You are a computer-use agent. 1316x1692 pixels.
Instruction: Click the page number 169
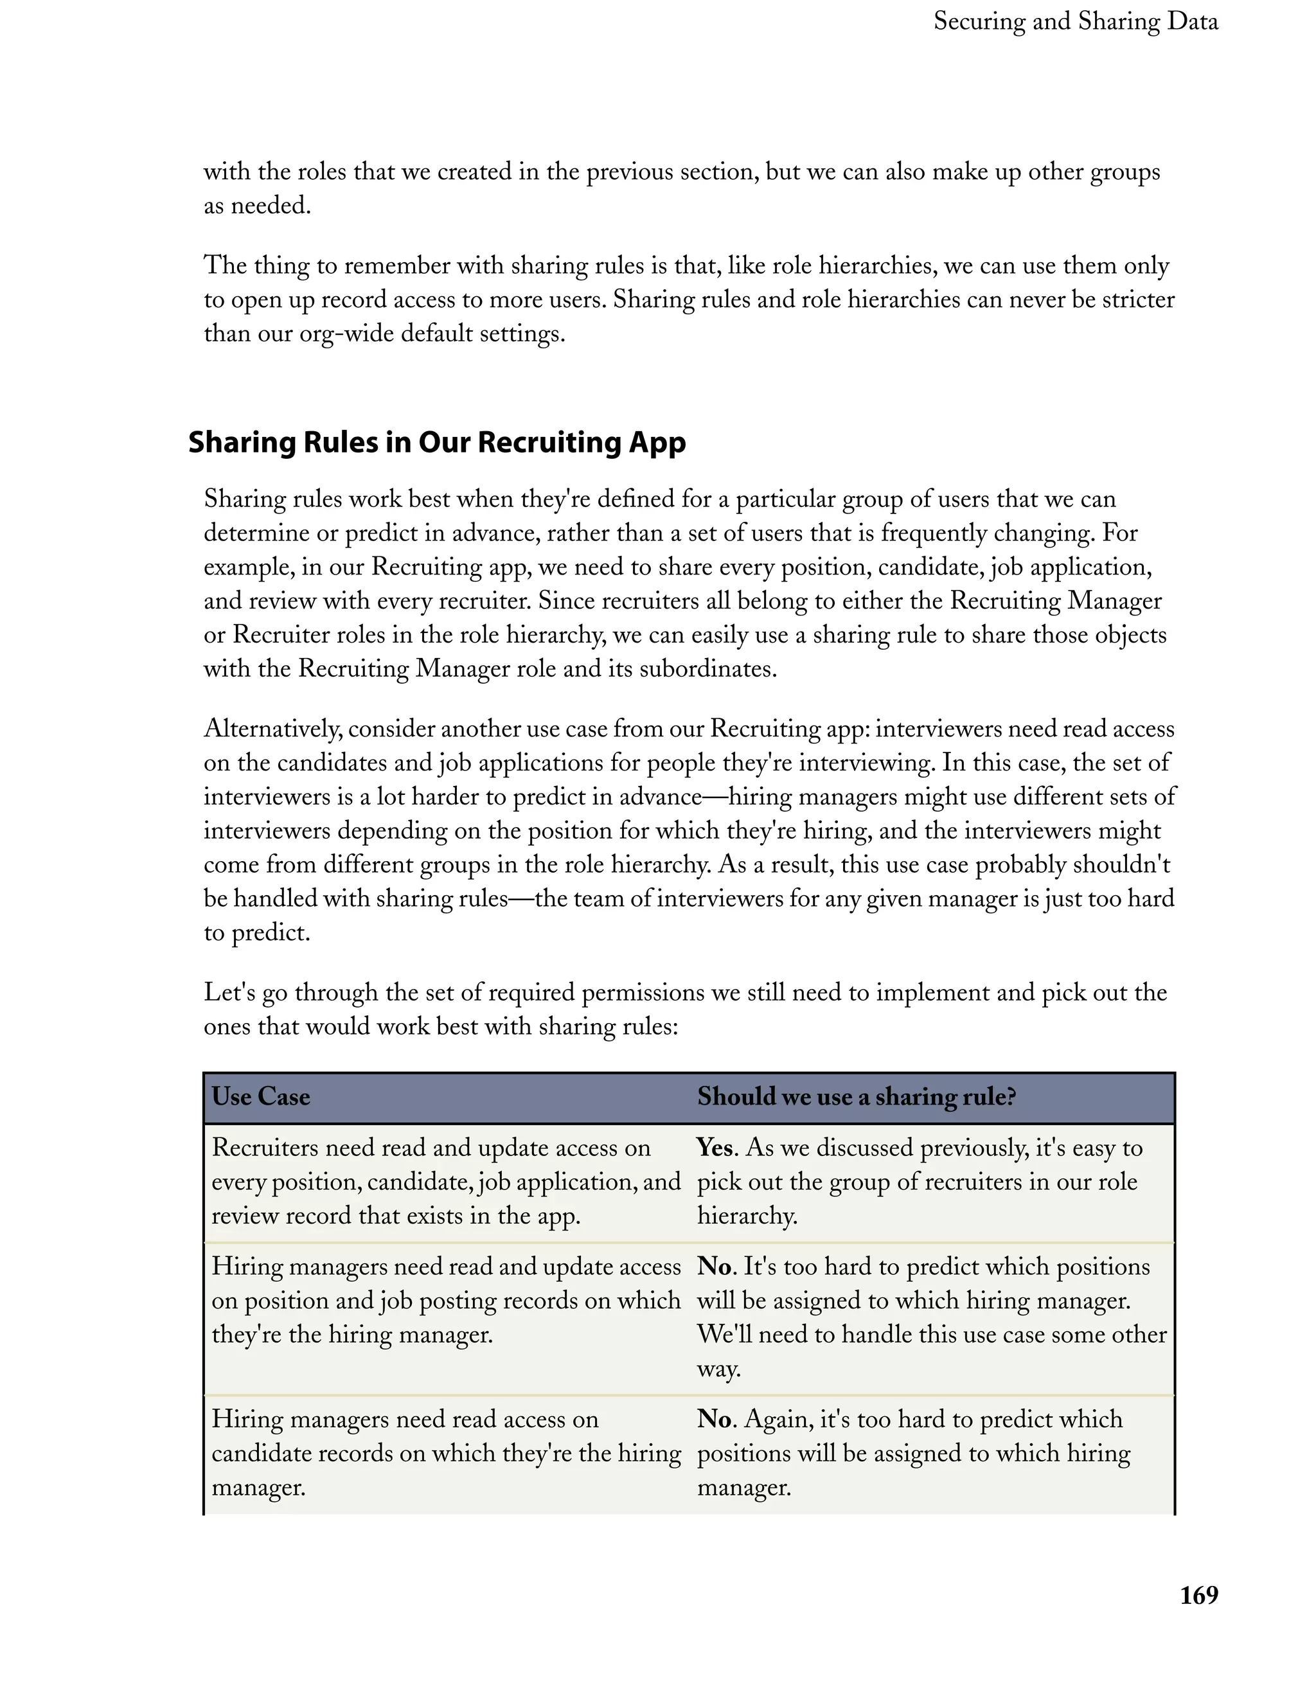point(1198,1594)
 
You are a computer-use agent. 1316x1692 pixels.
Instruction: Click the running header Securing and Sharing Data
point(1075,21)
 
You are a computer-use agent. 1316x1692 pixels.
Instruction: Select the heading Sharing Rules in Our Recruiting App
point(437,442)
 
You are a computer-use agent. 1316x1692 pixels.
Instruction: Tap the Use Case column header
point(261,1096)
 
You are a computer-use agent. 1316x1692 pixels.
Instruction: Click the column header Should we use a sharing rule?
point(856,1096)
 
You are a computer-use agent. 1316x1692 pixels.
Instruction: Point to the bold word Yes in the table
point(714,1147)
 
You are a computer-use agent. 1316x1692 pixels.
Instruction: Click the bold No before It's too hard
point(714,1267)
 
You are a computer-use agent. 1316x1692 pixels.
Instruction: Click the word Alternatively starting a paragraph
point(272,729)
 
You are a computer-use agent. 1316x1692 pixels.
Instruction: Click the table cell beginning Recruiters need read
point(445,1182)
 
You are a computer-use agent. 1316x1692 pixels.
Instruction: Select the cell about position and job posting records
point(445,1301)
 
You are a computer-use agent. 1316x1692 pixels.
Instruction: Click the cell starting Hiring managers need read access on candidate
point(445,1452)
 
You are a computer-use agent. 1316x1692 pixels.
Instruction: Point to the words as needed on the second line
point(257,206)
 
